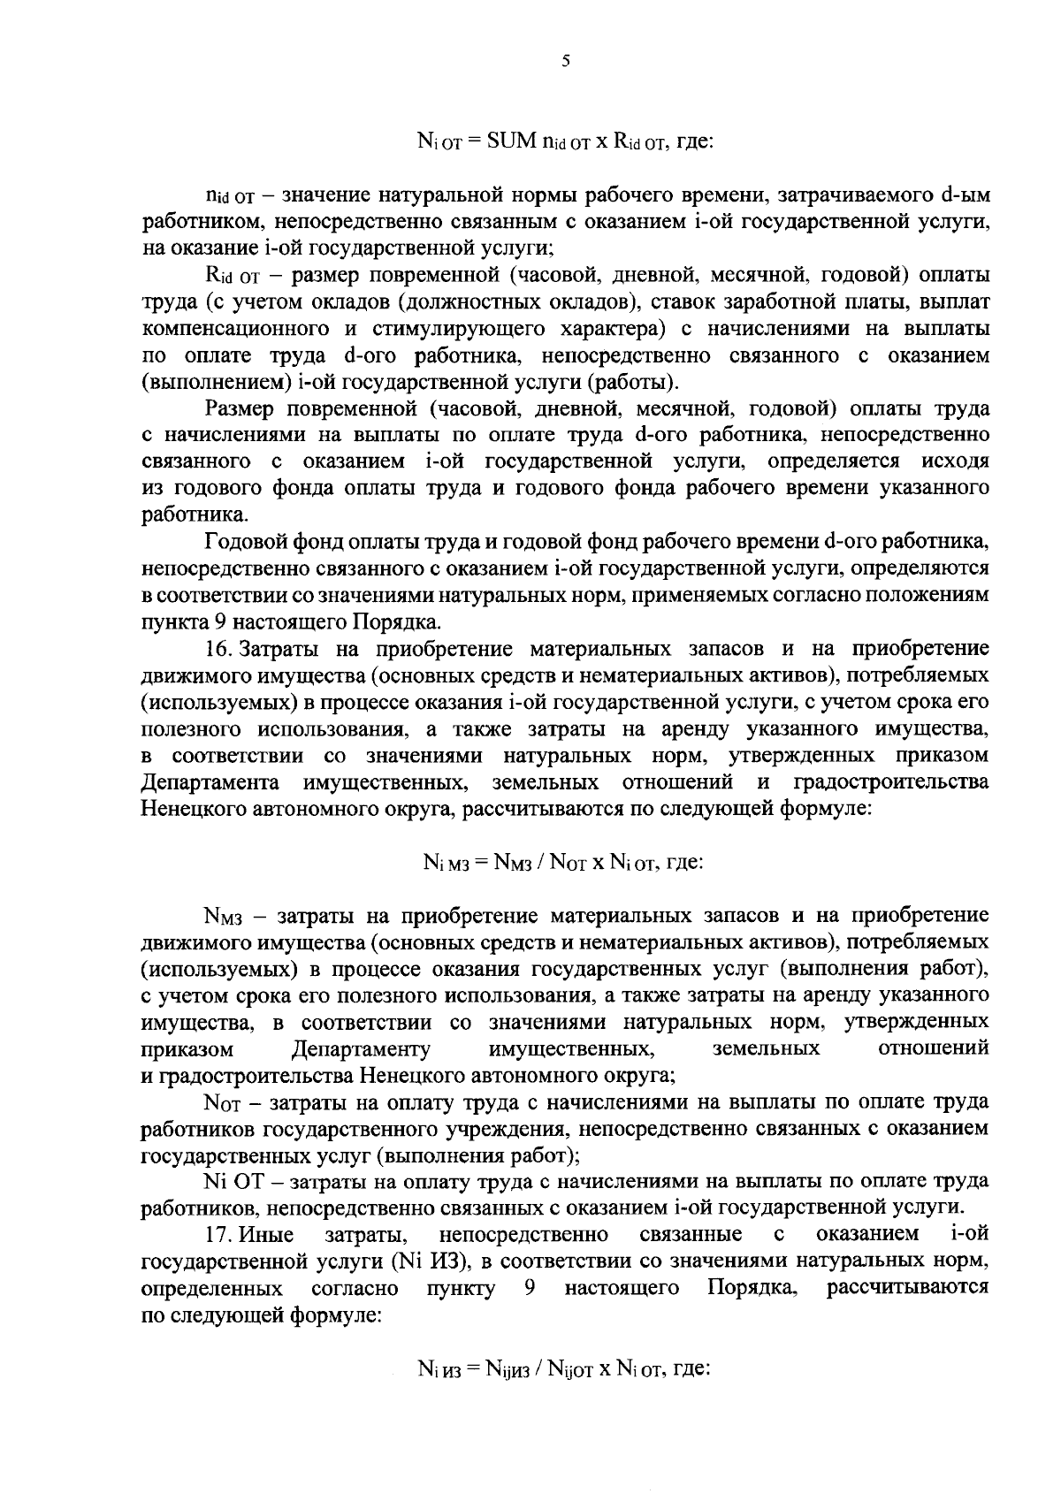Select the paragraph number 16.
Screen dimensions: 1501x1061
pos(218,650)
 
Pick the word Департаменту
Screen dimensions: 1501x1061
pos(361,1049)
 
